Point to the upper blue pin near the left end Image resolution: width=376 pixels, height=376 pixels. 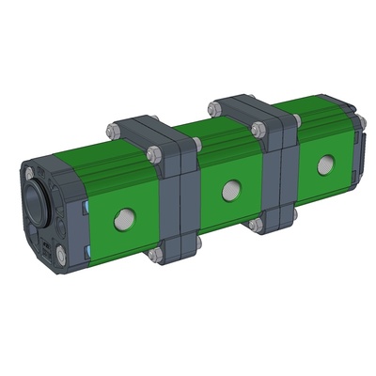[x=86, y=206]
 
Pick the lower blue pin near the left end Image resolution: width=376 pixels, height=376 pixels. [x=86, y=249]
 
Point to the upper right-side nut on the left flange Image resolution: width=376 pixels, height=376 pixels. [x=196, y=145]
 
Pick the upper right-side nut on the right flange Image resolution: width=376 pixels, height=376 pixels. [x=293, y=120]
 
